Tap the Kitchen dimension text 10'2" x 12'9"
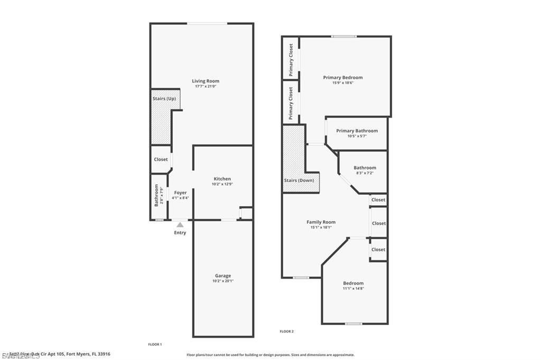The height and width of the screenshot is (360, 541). [x=222, y=184]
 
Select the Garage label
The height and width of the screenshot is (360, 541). [x=223, y=276]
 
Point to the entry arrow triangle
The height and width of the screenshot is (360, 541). [x=180, y=225]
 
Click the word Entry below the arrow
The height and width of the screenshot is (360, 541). [x=180, y=232]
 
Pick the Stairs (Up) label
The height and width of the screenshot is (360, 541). [x=164, y=99]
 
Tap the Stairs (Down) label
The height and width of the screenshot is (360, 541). [x=299, y=181]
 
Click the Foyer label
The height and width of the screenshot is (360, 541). [x=180, y=193]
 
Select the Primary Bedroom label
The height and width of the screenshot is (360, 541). [x=343, y=78]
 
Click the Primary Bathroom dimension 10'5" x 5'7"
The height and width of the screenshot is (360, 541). [x=357, y=136]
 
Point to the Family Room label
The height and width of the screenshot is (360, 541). [x=321, y=222]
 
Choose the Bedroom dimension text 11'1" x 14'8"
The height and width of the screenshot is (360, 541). [x=353, y=289]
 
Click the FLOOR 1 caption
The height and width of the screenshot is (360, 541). [x=155, y=344]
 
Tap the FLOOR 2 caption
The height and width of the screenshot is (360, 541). [x=286, y=331]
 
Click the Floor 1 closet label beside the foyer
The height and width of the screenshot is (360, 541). [x=161, y=159]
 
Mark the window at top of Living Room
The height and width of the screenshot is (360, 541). [x=208, y=23]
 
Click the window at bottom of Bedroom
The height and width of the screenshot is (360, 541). [x=353, y=324]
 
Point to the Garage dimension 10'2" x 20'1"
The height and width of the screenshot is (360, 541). [x=223, y=281]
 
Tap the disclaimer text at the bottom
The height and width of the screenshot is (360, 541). [x=270, y=355]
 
